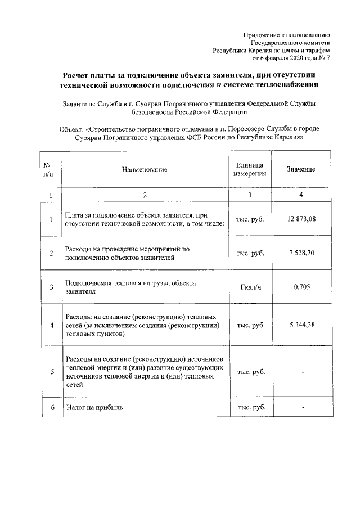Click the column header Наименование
coord(145,169)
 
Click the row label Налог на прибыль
coord(94,407)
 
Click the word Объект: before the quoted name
coord(73,129)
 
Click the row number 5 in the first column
coord(51,372)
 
